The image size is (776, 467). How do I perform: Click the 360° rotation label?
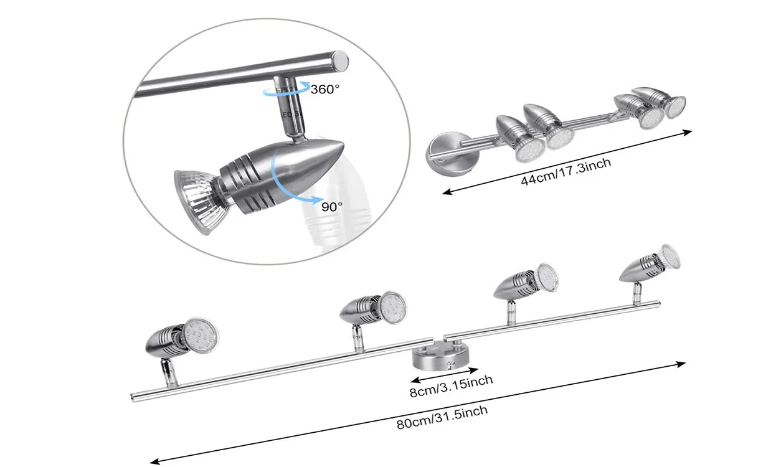click(325, 89)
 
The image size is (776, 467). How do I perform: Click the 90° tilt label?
click(332, 207)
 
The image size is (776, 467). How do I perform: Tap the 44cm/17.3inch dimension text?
click(566, 173)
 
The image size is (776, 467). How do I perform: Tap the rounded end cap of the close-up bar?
click(340, 60)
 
